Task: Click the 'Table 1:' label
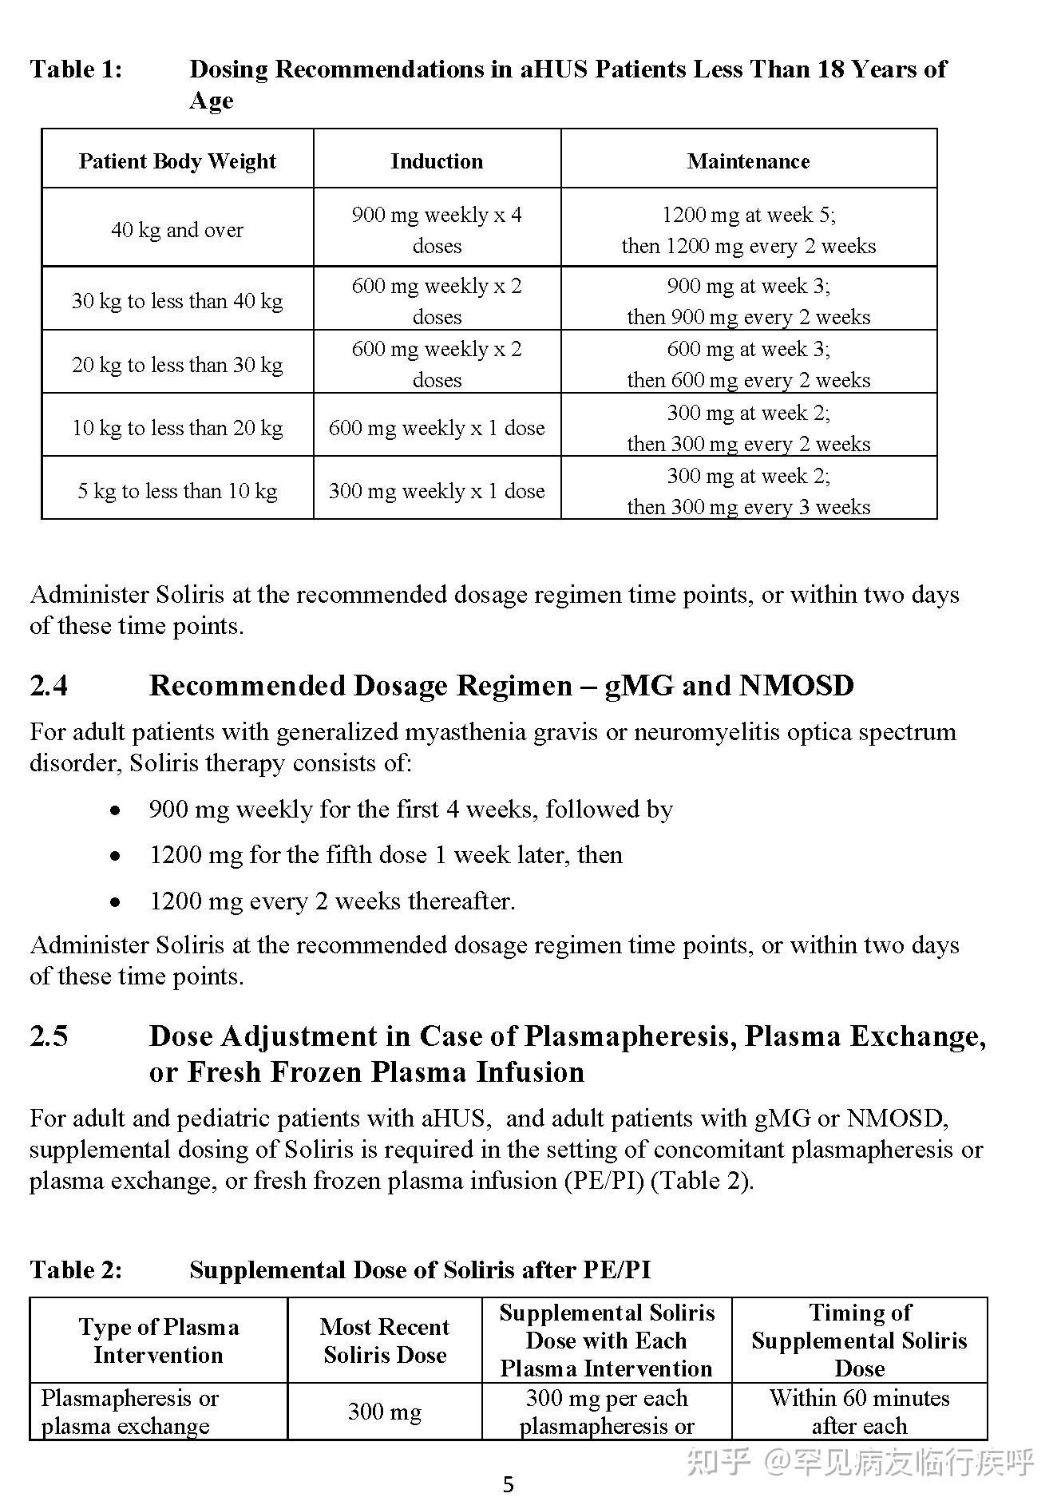pos(76,69)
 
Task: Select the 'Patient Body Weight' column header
pos(177,161)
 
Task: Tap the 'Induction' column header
pos(437,161)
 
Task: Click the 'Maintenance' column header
pos(748,161)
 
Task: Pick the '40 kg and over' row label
pos(177,230)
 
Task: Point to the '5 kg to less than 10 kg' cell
pos(177,491)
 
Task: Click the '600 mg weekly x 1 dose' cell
pos(437,428)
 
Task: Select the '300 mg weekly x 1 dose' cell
pos(437,491)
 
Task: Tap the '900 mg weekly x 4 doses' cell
pos(437,230)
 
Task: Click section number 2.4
pos(49,686)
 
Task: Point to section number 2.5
pos(49,1036)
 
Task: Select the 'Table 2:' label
pos(76,1270)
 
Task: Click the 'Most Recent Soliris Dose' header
pos(384,1341)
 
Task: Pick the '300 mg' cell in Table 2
pos(384,1412)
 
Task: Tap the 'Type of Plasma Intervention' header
pos(158,1341)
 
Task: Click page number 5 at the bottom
pos(509,1485)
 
